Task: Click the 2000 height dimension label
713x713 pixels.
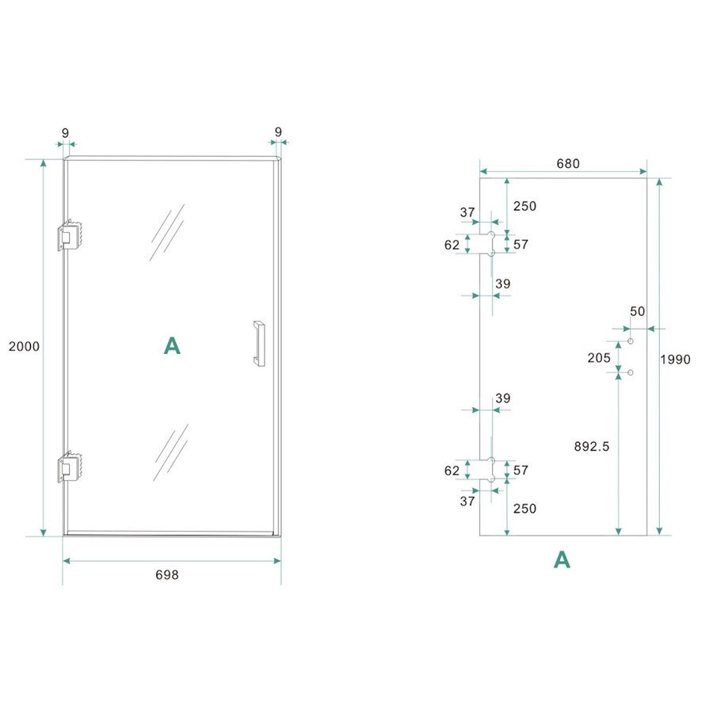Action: click(24, 346)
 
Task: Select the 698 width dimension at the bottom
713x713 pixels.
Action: click(166, 575)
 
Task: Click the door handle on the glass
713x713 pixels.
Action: click(258, 343)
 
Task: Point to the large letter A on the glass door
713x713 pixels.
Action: click(172, 345)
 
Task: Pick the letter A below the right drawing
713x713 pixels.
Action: click(562, 560)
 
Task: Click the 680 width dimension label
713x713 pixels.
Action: click(568, 164)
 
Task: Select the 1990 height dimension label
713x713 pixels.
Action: click(676, 359)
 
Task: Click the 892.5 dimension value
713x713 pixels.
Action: click(592, 447)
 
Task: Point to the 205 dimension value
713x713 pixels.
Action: click(600, 358)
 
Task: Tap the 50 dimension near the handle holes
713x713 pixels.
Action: click(638, 311)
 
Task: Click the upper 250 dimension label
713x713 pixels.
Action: click(524, 206)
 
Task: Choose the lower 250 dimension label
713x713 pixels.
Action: click(524, 509)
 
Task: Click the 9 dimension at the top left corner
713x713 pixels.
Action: click(66, 131)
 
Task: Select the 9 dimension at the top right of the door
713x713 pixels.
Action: click(278, 131)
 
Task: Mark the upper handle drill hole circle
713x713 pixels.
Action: click(631, 341)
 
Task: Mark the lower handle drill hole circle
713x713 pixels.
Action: click(631, 372)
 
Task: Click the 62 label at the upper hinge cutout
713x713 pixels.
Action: click(452, 246)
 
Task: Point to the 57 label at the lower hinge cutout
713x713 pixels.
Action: click(520, 471)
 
